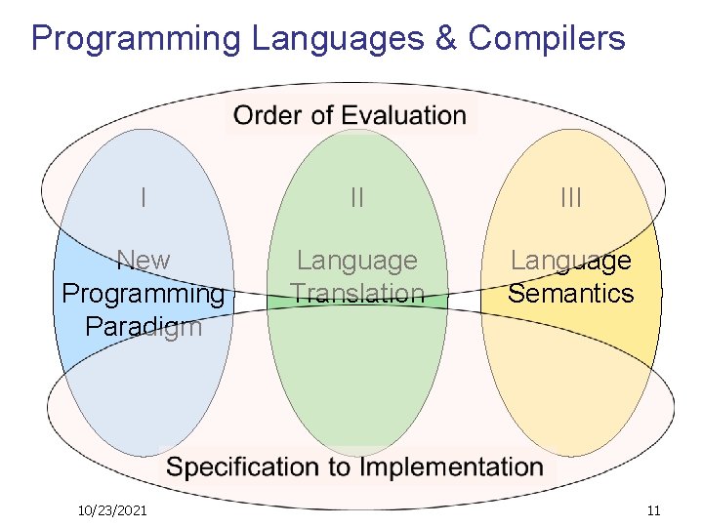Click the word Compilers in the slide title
(x=547, y=38)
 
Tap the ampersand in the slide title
(x=445, y=38)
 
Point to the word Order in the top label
(x=269, y=115)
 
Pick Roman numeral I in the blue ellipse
(x=144, y=198)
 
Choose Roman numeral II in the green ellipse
(x=357, y=198)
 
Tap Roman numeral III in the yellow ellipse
(x=571, y=198)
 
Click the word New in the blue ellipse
(x=144, y=261)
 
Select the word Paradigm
(x=144, y=326)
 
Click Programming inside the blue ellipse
(x=144, y=294)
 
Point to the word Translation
(x=357, y=294)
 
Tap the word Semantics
(x=571, y=294)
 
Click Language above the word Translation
(x=357, y=261)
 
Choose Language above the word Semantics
(x=571, y=261)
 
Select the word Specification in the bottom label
(x=244, y=467)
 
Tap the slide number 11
(x=653, y=510)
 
